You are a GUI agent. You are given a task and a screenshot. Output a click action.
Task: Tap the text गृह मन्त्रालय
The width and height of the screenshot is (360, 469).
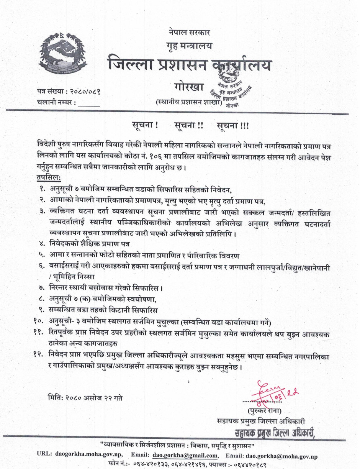189,46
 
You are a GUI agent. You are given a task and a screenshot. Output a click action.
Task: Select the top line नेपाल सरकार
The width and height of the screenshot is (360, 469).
189,32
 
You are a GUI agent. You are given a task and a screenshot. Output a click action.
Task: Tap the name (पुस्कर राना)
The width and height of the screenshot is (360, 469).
264,411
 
